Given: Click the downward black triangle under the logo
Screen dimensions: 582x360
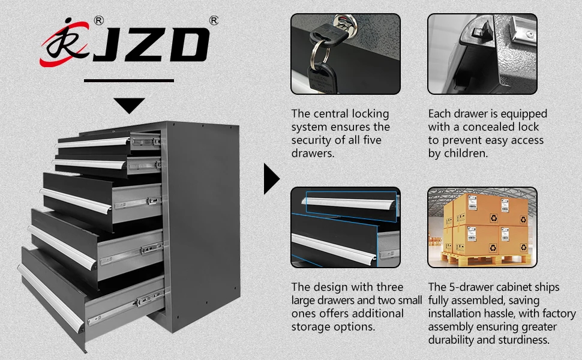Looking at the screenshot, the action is pos(129,106).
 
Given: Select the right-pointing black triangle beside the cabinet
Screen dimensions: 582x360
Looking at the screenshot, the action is pos(271,179).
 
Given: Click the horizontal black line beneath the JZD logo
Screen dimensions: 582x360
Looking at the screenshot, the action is pos(129,80).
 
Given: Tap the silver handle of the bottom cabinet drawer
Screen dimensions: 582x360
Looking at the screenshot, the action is pos(51,298).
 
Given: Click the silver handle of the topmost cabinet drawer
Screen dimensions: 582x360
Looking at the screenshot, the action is pos(93,142).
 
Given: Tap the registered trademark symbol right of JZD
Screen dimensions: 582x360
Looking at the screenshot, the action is pos(214,20).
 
